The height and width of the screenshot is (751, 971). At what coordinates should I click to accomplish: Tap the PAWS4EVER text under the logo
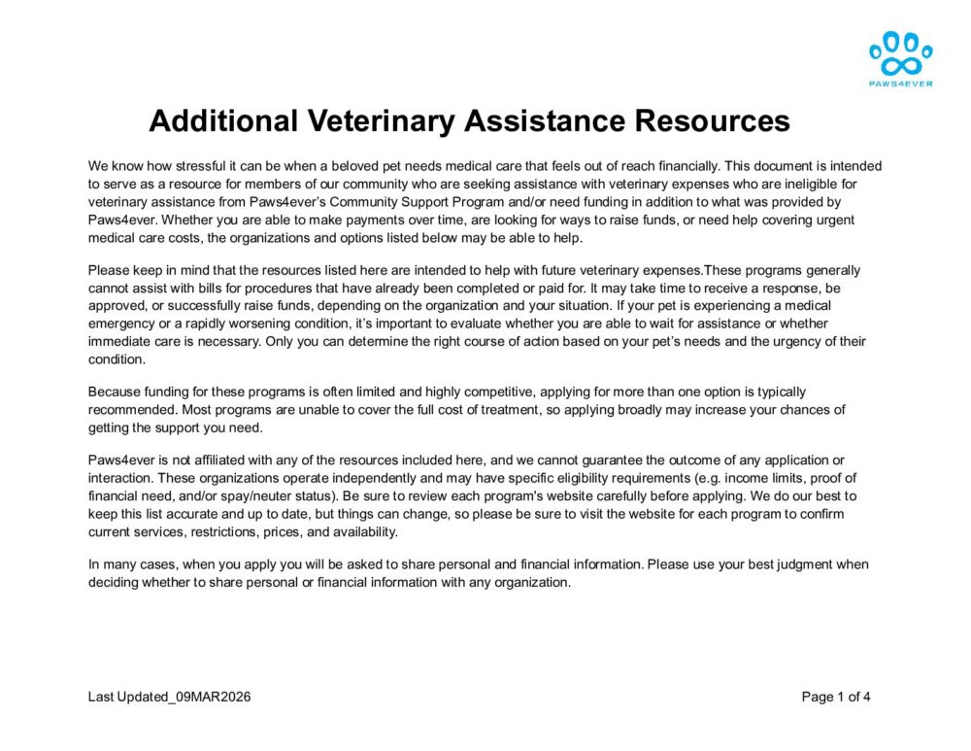click(x=900, y=84)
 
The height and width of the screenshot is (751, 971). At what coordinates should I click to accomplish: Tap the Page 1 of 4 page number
click(x=836, y=697)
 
